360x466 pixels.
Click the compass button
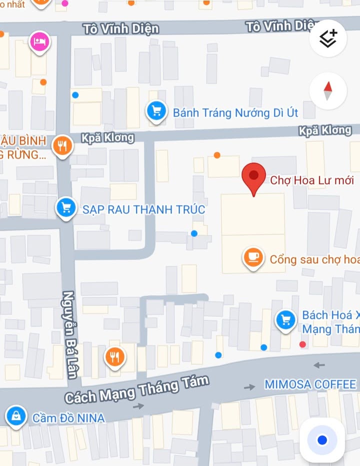tap(328, 91)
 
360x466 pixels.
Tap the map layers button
tap(328, 38)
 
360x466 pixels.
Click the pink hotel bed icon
tap(39, 42)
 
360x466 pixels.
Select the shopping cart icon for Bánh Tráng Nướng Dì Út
tap(156, 111)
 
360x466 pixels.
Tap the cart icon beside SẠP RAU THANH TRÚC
tap(66, 207)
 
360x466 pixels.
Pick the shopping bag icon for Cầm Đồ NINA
tap(16, 416)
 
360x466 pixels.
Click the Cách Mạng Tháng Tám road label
tap(136, 389)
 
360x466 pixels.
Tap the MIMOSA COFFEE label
tap(310, 385)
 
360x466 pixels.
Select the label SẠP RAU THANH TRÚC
tap(144, 209)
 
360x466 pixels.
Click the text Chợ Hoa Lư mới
tap(312, 180)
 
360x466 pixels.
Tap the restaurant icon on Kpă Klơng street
tap(62, 145)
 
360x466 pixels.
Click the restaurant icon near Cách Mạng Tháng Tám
tap(115, 357)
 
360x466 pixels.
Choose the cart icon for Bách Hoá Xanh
tap(285, 321)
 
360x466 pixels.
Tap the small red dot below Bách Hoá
tap(302, 345)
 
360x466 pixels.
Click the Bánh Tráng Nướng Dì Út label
tap(235, 113)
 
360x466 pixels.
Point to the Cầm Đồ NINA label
tap(68, 418)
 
